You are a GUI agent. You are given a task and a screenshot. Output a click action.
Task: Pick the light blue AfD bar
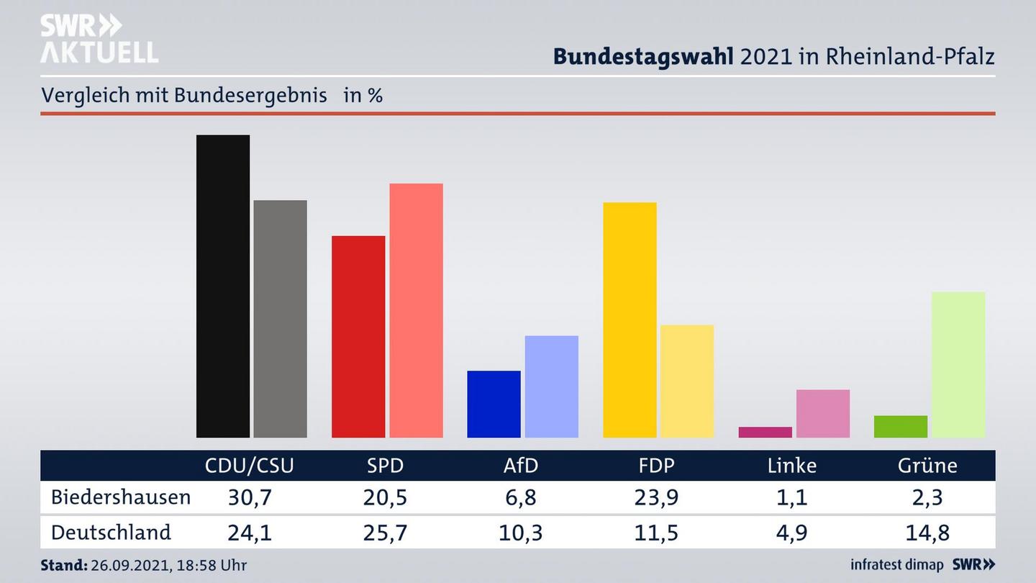[x=552, y=387]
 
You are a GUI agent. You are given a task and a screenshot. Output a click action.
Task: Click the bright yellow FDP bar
[x=630, y=320]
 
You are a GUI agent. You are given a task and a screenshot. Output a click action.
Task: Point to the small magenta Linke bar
[x=765, y=433]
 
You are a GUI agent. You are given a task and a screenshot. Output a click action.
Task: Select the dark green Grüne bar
[x=901, y=427]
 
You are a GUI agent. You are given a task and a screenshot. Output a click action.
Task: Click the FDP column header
[x=656, y=466]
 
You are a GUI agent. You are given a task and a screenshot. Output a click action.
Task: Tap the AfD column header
[x=521, y=466]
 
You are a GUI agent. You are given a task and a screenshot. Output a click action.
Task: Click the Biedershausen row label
[x=121, y=497]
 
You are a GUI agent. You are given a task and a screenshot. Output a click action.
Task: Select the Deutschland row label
[x=112, y=533]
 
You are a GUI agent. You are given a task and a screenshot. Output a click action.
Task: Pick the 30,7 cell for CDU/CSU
[x=249, y=497]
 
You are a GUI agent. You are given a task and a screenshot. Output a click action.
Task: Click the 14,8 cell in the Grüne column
[x=927, y=533]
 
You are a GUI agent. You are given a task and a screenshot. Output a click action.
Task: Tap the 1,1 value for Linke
[x=792, y=497]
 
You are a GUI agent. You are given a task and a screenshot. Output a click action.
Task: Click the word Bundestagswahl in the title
[x=643, y=57]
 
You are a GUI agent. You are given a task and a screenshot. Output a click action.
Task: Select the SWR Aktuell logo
[x=99, y=40]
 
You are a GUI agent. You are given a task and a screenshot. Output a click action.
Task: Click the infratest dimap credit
[x=896, y=565]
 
